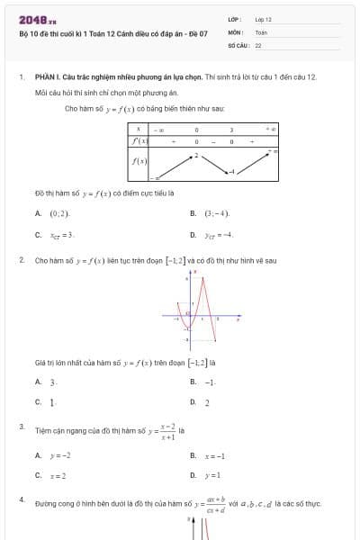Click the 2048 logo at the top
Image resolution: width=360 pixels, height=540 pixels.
tap(37, 19)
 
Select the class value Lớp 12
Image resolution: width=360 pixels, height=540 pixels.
tap(263, 19)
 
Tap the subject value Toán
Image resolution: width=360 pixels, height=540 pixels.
tap(261, 31)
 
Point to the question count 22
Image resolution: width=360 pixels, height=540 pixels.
tap(258, 44)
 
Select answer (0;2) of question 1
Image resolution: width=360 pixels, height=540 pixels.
tap(59, 214)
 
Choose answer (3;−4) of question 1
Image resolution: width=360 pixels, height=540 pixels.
tap(217, 214)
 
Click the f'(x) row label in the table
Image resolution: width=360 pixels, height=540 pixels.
tap(139, 141)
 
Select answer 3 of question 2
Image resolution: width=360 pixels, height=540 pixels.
tap(52, 382)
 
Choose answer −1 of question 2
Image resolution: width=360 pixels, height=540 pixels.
tap(209, 382)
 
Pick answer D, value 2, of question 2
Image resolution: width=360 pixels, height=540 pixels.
tap(207, 402)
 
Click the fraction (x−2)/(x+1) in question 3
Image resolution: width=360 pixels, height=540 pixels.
tap(166, 432)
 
